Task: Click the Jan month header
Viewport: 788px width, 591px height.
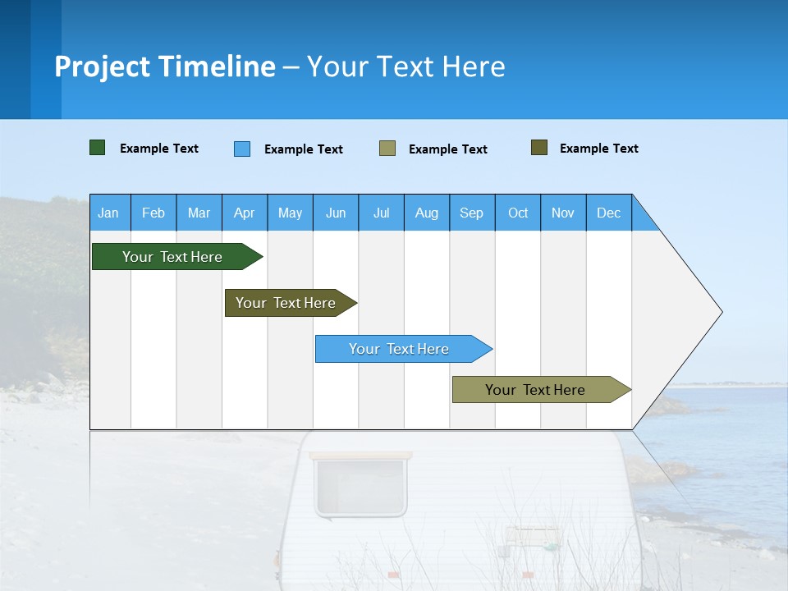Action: [108, 213]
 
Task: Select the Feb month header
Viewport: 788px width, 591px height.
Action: [153, 213]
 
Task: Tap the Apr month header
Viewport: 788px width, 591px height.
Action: [245, 213]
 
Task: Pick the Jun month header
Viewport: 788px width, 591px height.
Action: [336, 213]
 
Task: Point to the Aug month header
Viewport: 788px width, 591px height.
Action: [427, 213]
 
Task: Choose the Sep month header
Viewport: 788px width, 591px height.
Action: [472, 213]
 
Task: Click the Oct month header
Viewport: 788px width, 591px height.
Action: [518, 213]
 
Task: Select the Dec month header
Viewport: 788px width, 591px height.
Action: [609, 213]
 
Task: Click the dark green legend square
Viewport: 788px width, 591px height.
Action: [98, 148]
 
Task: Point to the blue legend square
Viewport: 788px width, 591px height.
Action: [242, 149]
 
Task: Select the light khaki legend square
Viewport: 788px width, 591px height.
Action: [387, 149]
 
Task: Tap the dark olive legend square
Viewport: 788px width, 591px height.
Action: [539, 148]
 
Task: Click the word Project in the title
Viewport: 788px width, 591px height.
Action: [103, 66]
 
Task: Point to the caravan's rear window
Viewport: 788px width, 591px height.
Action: [361, 486]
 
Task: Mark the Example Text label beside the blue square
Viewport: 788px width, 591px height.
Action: [304, 149]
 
